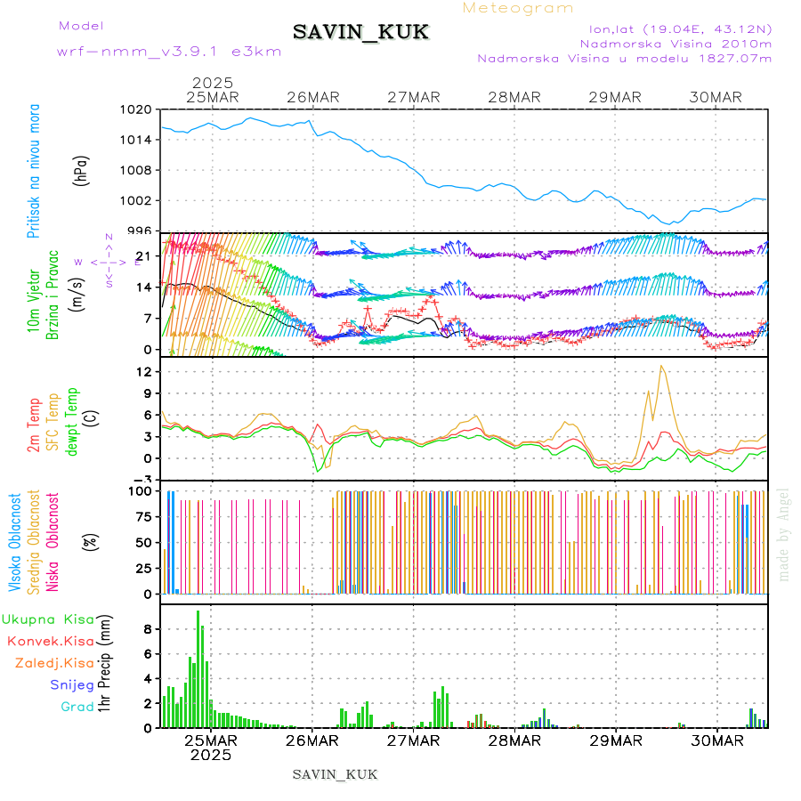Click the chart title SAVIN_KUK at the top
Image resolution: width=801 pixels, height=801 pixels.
pos(360,33)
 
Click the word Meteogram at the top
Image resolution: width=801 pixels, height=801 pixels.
pos(519,8)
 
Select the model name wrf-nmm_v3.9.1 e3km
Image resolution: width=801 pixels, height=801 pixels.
pos(169,51)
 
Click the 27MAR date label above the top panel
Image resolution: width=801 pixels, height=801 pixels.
pos(414,97)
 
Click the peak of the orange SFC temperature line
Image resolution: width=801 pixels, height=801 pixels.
pos(661,366)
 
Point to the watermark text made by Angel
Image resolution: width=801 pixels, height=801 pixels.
pos(784,534)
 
